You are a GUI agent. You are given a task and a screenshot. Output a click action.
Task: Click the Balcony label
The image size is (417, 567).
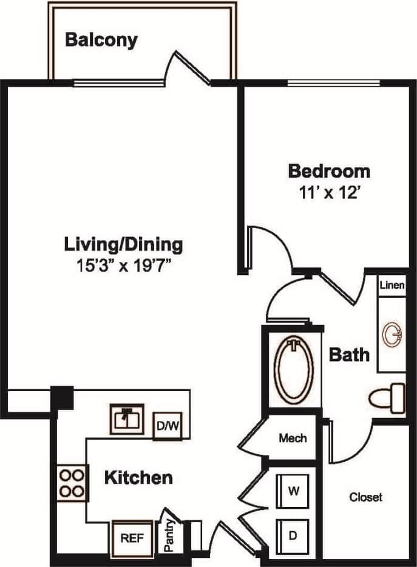101,41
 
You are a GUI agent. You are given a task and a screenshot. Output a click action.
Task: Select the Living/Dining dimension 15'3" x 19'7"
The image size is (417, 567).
123,266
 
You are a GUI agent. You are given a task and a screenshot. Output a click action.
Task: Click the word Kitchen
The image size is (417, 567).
138,477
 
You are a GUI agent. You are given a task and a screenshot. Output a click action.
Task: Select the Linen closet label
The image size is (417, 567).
392,285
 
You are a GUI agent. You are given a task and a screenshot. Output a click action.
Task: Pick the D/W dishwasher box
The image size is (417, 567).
168,425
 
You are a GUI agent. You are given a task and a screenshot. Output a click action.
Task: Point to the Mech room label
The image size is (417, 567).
293,438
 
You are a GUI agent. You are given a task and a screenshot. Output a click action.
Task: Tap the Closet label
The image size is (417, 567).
366,497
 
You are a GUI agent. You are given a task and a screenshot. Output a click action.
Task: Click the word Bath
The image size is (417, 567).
349,354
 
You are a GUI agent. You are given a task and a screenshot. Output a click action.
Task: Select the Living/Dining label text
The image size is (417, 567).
123,244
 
